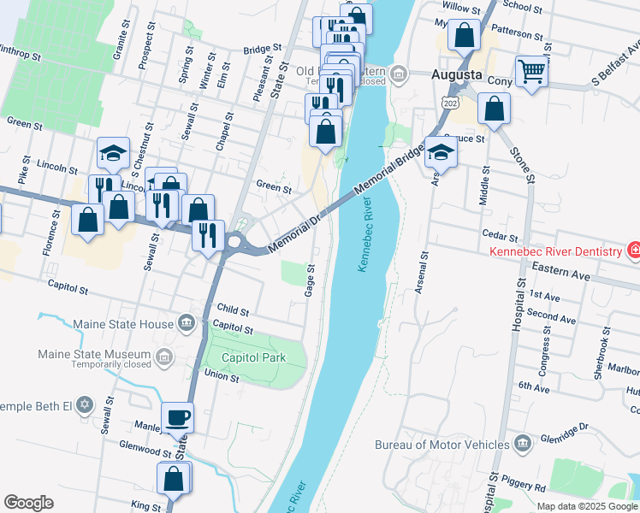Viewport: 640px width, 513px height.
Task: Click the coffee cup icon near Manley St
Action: click(x=178, y=418)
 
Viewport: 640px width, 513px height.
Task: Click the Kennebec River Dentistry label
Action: click(x=556, y=251)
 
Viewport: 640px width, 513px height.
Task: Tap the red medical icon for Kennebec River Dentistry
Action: click(x=633, y=251)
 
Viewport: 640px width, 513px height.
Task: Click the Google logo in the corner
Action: click(x=28, y=502)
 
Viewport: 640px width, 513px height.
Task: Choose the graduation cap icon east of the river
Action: click(x=441, y=152)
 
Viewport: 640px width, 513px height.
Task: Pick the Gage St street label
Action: click(x=310, y=280)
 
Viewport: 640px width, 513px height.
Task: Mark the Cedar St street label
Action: click(x=501, y=236)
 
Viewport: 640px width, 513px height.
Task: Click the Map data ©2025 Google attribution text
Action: click(x=586, y=505)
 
